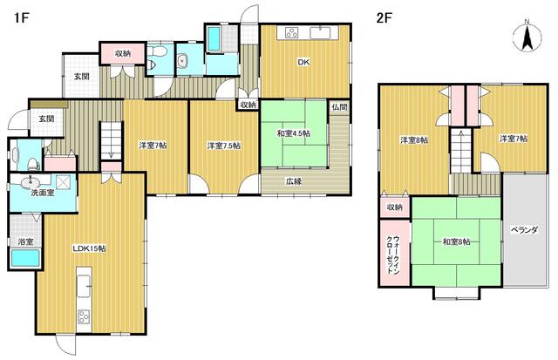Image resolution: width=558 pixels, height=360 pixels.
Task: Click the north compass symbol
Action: pos(527,36)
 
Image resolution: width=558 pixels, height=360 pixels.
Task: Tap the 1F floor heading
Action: pos(21,17)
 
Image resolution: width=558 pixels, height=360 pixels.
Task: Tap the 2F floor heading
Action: pos(384,17)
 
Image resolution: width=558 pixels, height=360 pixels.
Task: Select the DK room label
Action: pos(303,62)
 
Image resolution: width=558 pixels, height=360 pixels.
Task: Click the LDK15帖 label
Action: pos(89,248)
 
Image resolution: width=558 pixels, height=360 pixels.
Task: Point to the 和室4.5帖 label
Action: pos(294,133)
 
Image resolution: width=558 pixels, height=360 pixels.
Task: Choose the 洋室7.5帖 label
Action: pos(224,146)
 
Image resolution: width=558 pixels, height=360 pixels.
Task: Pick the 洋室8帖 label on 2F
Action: pos(414,140)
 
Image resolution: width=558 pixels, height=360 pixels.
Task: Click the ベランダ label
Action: pos(524,230)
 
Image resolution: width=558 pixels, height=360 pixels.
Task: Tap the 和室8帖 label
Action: pos(456,242)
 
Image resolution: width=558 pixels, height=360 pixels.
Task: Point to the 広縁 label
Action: pos(294,181)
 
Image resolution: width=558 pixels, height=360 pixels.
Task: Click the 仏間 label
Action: pos(339,107)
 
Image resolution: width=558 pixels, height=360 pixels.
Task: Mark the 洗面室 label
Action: pos(43,194)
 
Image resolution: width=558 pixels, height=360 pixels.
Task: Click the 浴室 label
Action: pos(25,242)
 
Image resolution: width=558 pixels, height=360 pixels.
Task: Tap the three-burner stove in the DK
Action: pos(292,33)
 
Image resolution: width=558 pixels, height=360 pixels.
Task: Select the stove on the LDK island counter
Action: pos(85,316)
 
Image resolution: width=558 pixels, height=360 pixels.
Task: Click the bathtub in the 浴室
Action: pos(25,258)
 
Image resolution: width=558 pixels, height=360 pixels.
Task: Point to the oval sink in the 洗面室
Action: pos(31,183)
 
